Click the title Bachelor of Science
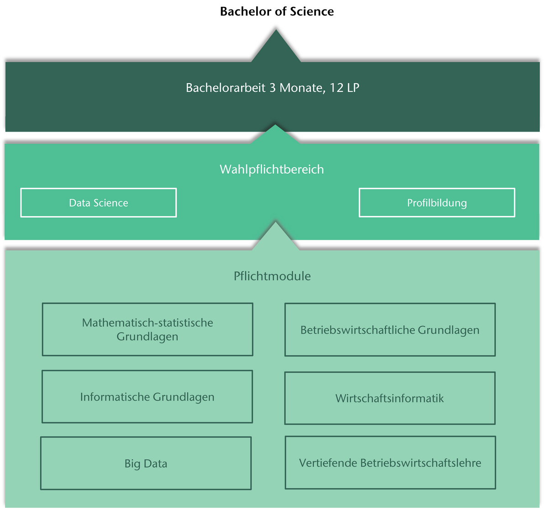pyautogui.click(x=277, y=11)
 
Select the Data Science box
pyautogui.click(x=99, y=203)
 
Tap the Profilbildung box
pyautogui.click(x=437, y=203)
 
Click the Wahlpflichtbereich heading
pyautogui.click(x=272, y=169)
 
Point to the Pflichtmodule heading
pyautogui.click(x=272, y=276)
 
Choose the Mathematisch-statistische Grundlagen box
pyautogui.click(x=148, y=329)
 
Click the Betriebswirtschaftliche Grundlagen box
pyautogui.click(x=390, y=330)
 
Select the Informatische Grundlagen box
pyautogui.click(x=147, y=396)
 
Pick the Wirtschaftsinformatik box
pyautogui.click(x=390, y=398)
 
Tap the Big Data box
pyautogui.click(x=146, y=464)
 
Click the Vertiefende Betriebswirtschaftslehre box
pyautogui.click(x=390, y=463)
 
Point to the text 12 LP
pyautogui.click(x=344, y=88)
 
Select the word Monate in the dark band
pyautogui.click(x=301, y=88)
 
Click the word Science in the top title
pyautogui.click(x=311, y=11)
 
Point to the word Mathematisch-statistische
pyautogui.click(x=148, y=323)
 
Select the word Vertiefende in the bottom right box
pyautogui.click(x=328, y=463)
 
